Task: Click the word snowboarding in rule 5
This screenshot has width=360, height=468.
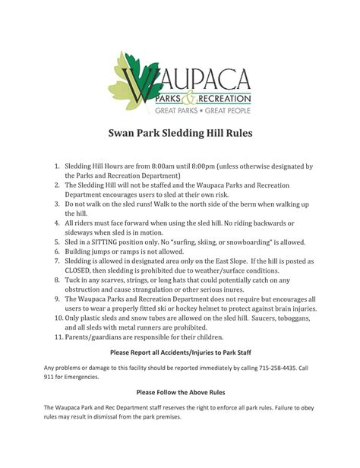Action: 237,241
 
